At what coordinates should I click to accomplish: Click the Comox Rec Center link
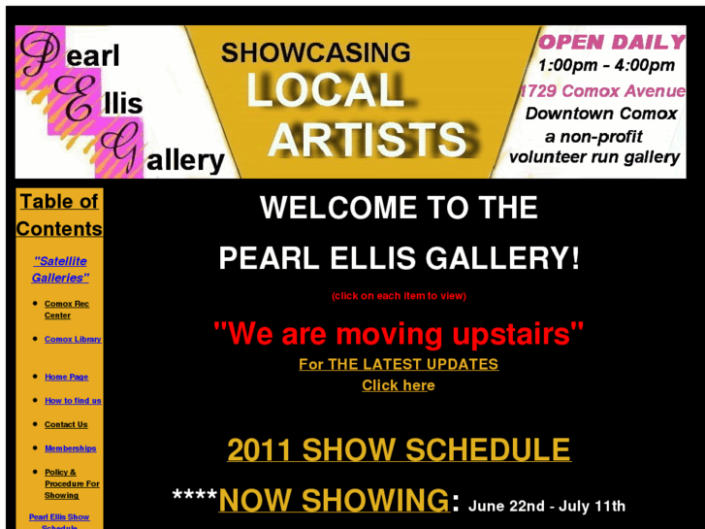pyautogui.click(x=66, y=309)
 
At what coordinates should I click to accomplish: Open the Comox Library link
pyautogui.click(x=73, y=339)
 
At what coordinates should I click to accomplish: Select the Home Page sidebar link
pyautogui.click(x=66, y=377)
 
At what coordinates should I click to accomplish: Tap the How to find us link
pyautogui.click(x=73, y=400)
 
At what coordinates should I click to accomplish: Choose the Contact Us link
pyautogui.click(x=66, y=424)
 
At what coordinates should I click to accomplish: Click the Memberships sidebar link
pyautogui.click(x=70, y=448)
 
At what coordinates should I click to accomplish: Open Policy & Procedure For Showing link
pyautogui.click(x=71, y=483)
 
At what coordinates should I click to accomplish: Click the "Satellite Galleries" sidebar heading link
pyautogui.click(x=60, y=269)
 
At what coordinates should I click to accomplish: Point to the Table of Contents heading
pyautogui.click(x=59, y=215)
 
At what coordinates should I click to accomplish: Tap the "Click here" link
pyautogui.click(x=399, y=385)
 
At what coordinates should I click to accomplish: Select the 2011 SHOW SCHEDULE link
pyautogui.click(x=399, y=449)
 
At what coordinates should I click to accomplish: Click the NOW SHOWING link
pyautogui.click(x=334, y=500)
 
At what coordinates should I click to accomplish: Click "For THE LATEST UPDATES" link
pyautogui.click(x=399, y=364)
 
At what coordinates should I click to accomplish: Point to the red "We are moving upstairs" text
pyautogui.click(x=399, y=334)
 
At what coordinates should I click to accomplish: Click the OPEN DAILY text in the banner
pyautogui.click(x=611, y=42)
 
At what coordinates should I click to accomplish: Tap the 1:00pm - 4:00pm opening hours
pyautogui.click(x=606, y=66)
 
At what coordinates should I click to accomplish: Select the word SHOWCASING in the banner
pyautogui.click(x=315, y=52)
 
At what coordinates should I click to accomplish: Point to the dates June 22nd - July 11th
pyautogui.click(x=547, y=506)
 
